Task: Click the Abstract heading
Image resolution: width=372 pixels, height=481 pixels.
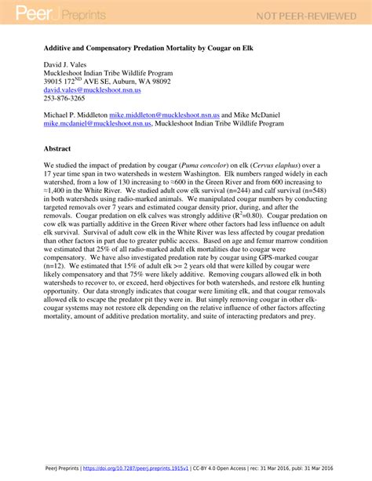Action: (x=58, y=147)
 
